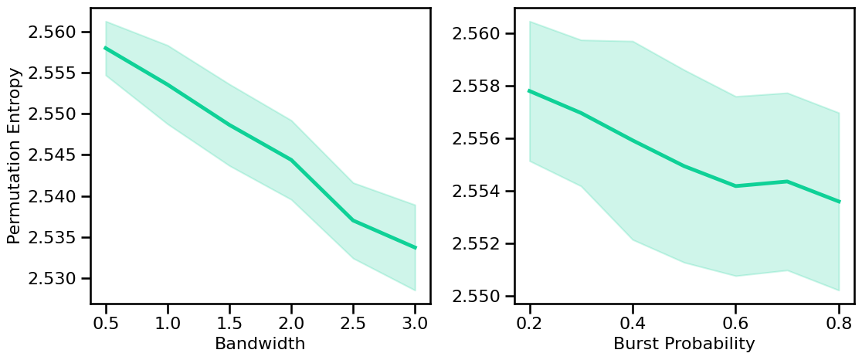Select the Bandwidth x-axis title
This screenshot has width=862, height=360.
260,344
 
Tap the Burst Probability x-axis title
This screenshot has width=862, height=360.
684,344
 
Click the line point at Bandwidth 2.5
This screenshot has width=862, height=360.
353,221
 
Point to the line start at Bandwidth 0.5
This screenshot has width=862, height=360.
106,48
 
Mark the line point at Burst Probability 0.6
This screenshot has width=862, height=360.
736,185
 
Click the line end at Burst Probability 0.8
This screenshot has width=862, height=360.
839,202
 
